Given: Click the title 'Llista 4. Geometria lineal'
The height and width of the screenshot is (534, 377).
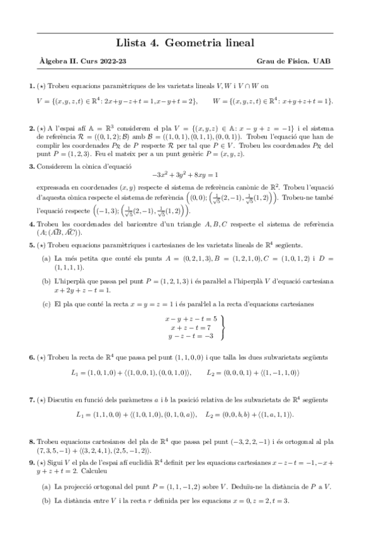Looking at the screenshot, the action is [x=185, y=43].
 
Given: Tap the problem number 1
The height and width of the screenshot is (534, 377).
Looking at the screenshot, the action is [x=31, y=86].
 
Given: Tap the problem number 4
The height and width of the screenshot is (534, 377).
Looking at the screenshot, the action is [x=31, y=225].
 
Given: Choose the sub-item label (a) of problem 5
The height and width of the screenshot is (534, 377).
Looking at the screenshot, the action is [x=47, y=258].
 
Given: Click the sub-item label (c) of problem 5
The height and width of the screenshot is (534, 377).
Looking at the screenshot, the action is [x=47, y=304].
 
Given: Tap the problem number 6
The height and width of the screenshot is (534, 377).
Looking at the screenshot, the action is [x=31, y=357].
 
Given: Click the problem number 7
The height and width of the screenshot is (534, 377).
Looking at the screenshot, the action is [x=31, y=399].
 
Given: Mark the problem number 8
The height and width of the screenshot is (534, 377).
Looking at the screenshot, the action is [x=31, y=443].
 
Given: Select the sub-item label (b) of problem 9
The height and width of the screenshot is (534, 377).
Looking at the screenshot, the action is [x=47, y=501].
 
